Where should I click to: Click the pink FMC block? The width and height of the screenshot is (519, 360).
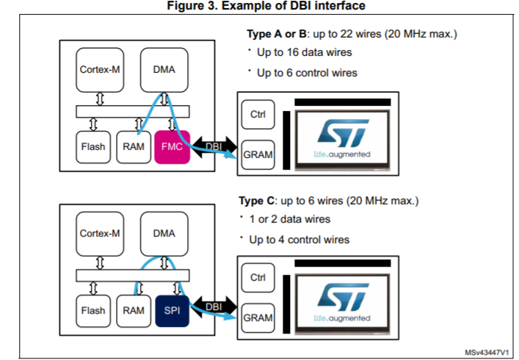[171, 146]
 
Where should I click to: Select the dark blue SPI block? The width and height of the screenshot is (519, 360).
[171, 311]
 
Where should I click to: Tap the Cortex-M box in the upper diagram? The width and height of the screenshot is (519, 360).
[101, 70]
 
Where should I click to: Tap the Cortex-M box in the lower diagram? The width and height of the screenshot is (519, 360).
[101, 234]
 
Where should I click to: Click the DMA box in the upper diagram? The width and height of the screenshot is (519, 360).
[164, 70]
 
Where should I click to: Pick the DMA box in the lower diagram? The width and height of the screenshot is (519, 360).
[164, 234]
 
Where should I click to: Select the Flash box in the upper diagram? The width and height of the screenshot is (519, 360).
[93, 146]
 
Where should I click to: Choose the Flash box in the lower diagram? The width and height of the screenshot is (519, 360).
[93, 311]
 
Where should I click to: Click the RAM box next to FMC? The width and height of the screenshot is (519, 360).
[134, 146]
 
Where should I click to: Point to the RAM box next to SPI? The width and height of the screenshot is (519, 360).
[134, 311]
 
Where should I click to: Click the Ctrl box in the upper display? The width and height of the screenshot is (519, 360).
[258, 114]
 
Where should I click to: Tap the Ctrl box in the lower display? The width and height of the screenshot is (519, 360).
[258, 278]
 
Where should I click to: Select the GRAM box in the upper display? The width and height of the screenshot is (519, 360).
[258, 154]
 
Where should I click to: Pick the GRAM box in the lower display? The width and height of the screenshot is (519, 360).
[258, 319]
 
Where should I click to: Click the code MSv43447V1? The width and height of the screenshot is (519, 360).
[487, 352]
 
